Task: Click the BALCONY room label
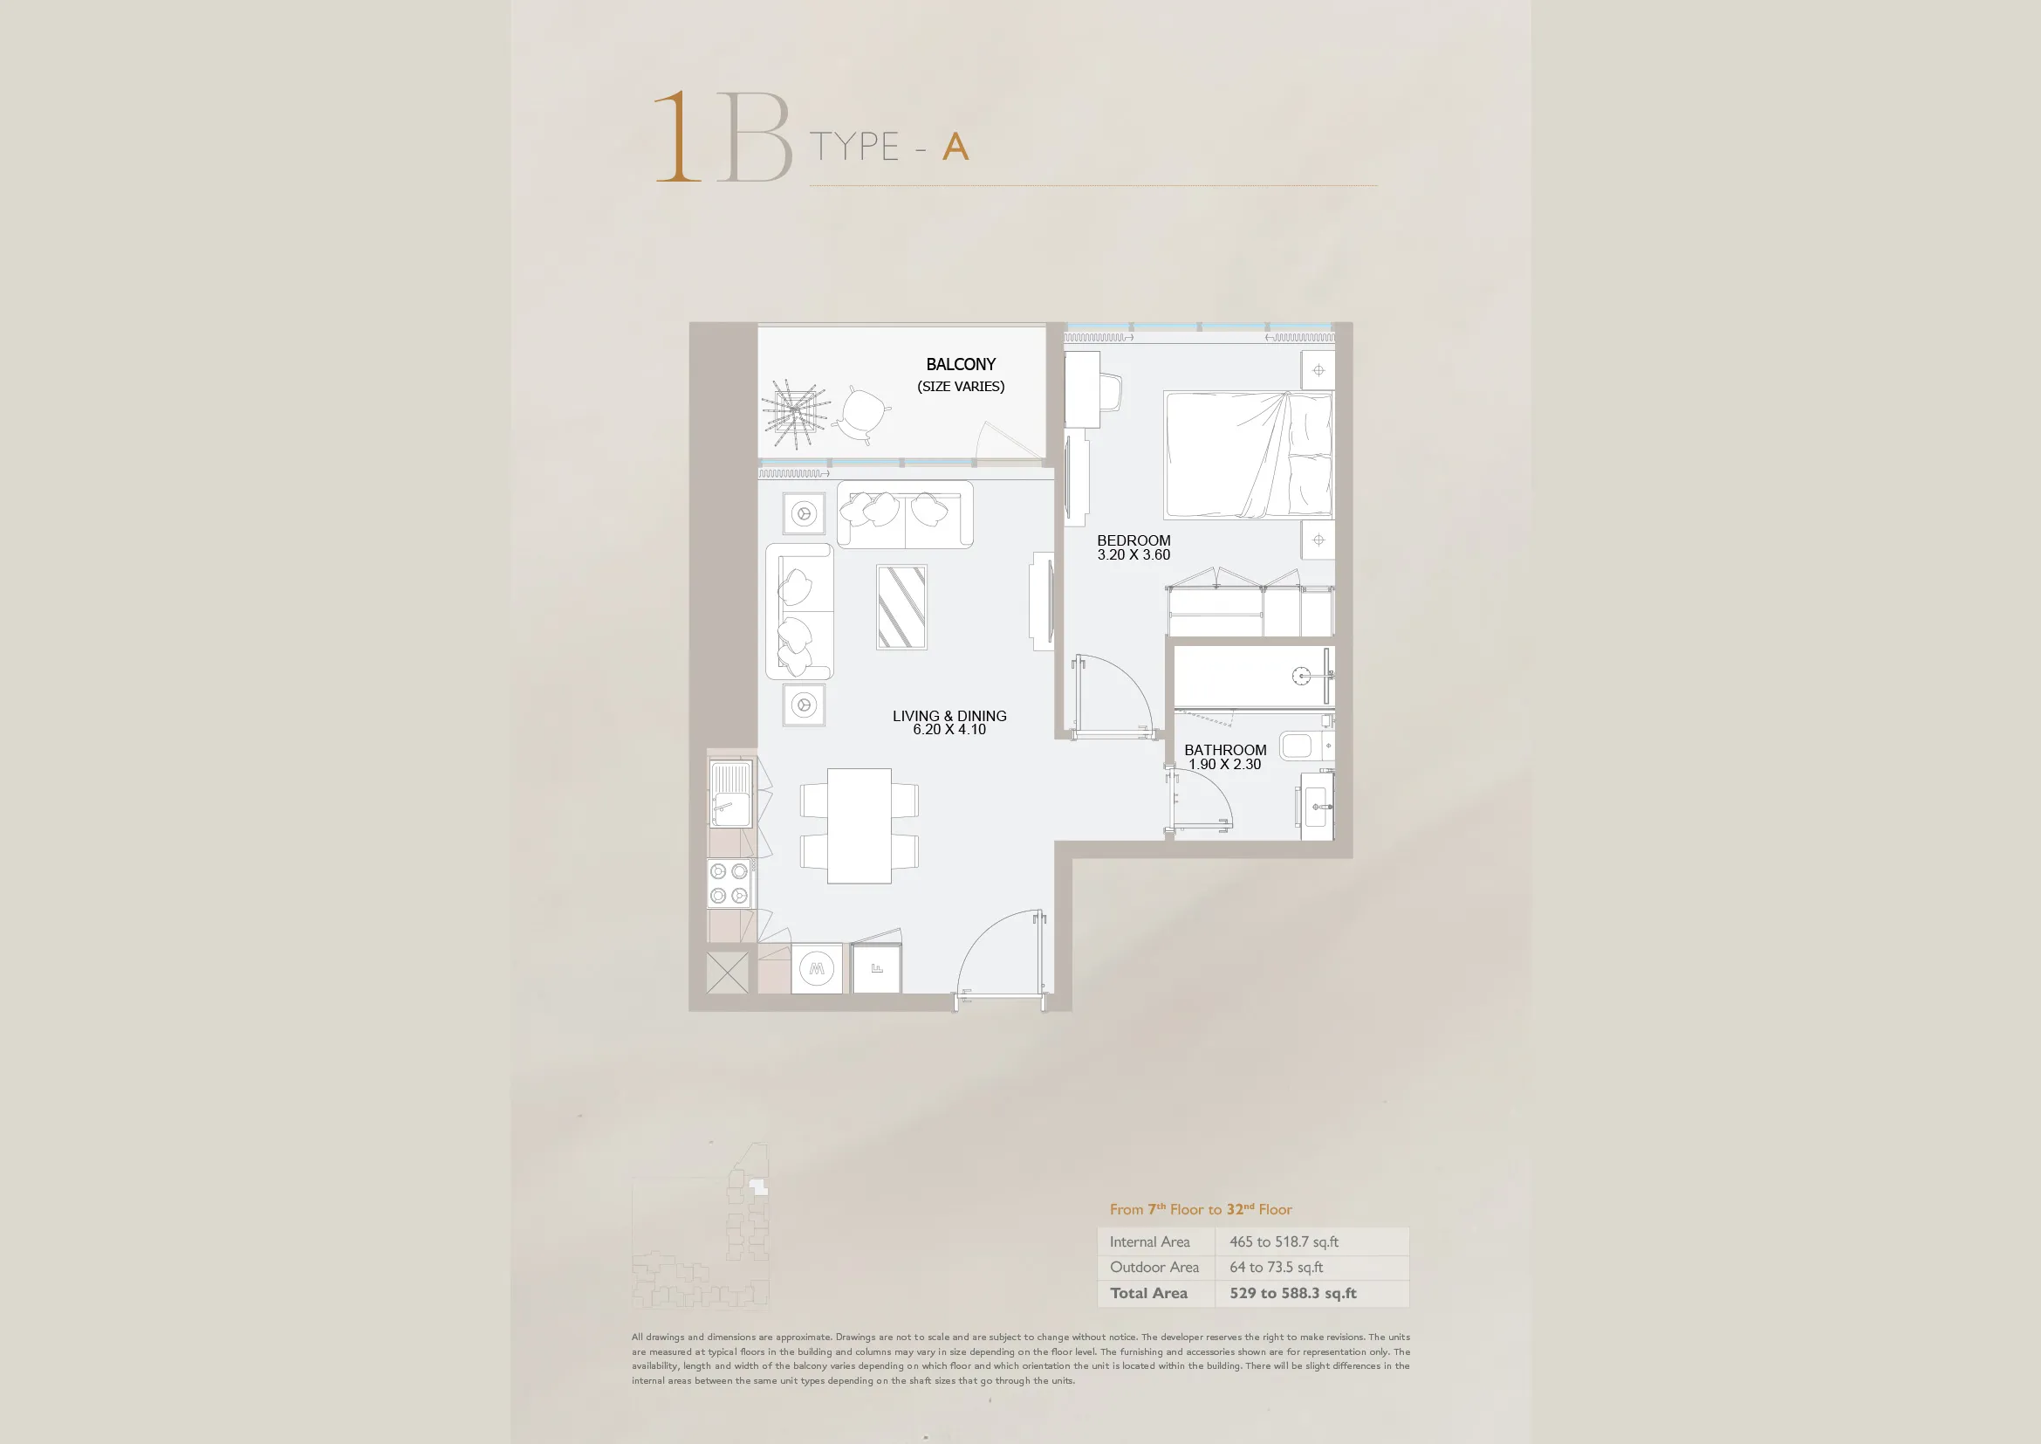point(961,365)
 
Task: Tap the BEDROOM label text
point(1134,540)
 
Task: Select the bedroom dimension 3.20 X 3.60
point(1134,555)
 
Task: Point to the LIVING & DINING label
point(949,716)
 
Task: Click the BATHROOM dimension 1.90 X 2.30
point(1225,765)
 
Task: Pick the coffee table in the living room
point(901,608)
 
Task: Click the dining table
point(859,826)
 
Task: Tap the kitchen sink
point(730,794)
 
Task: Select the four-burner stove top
point(729,883)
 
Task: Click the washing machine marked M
point(817,968)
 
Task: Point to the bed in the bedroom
point(1249,454)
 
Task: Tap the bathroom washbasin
point(1318,807)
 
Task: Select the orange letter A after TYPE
point(955,147)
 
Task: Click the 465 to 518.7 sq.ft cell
point(1284,1242)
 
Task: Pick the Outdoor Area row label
point(1154,1267)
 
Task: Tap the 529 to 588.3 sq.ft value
point(1292,1294)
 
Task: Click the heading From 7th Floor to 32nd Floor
point(1200,1209)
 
